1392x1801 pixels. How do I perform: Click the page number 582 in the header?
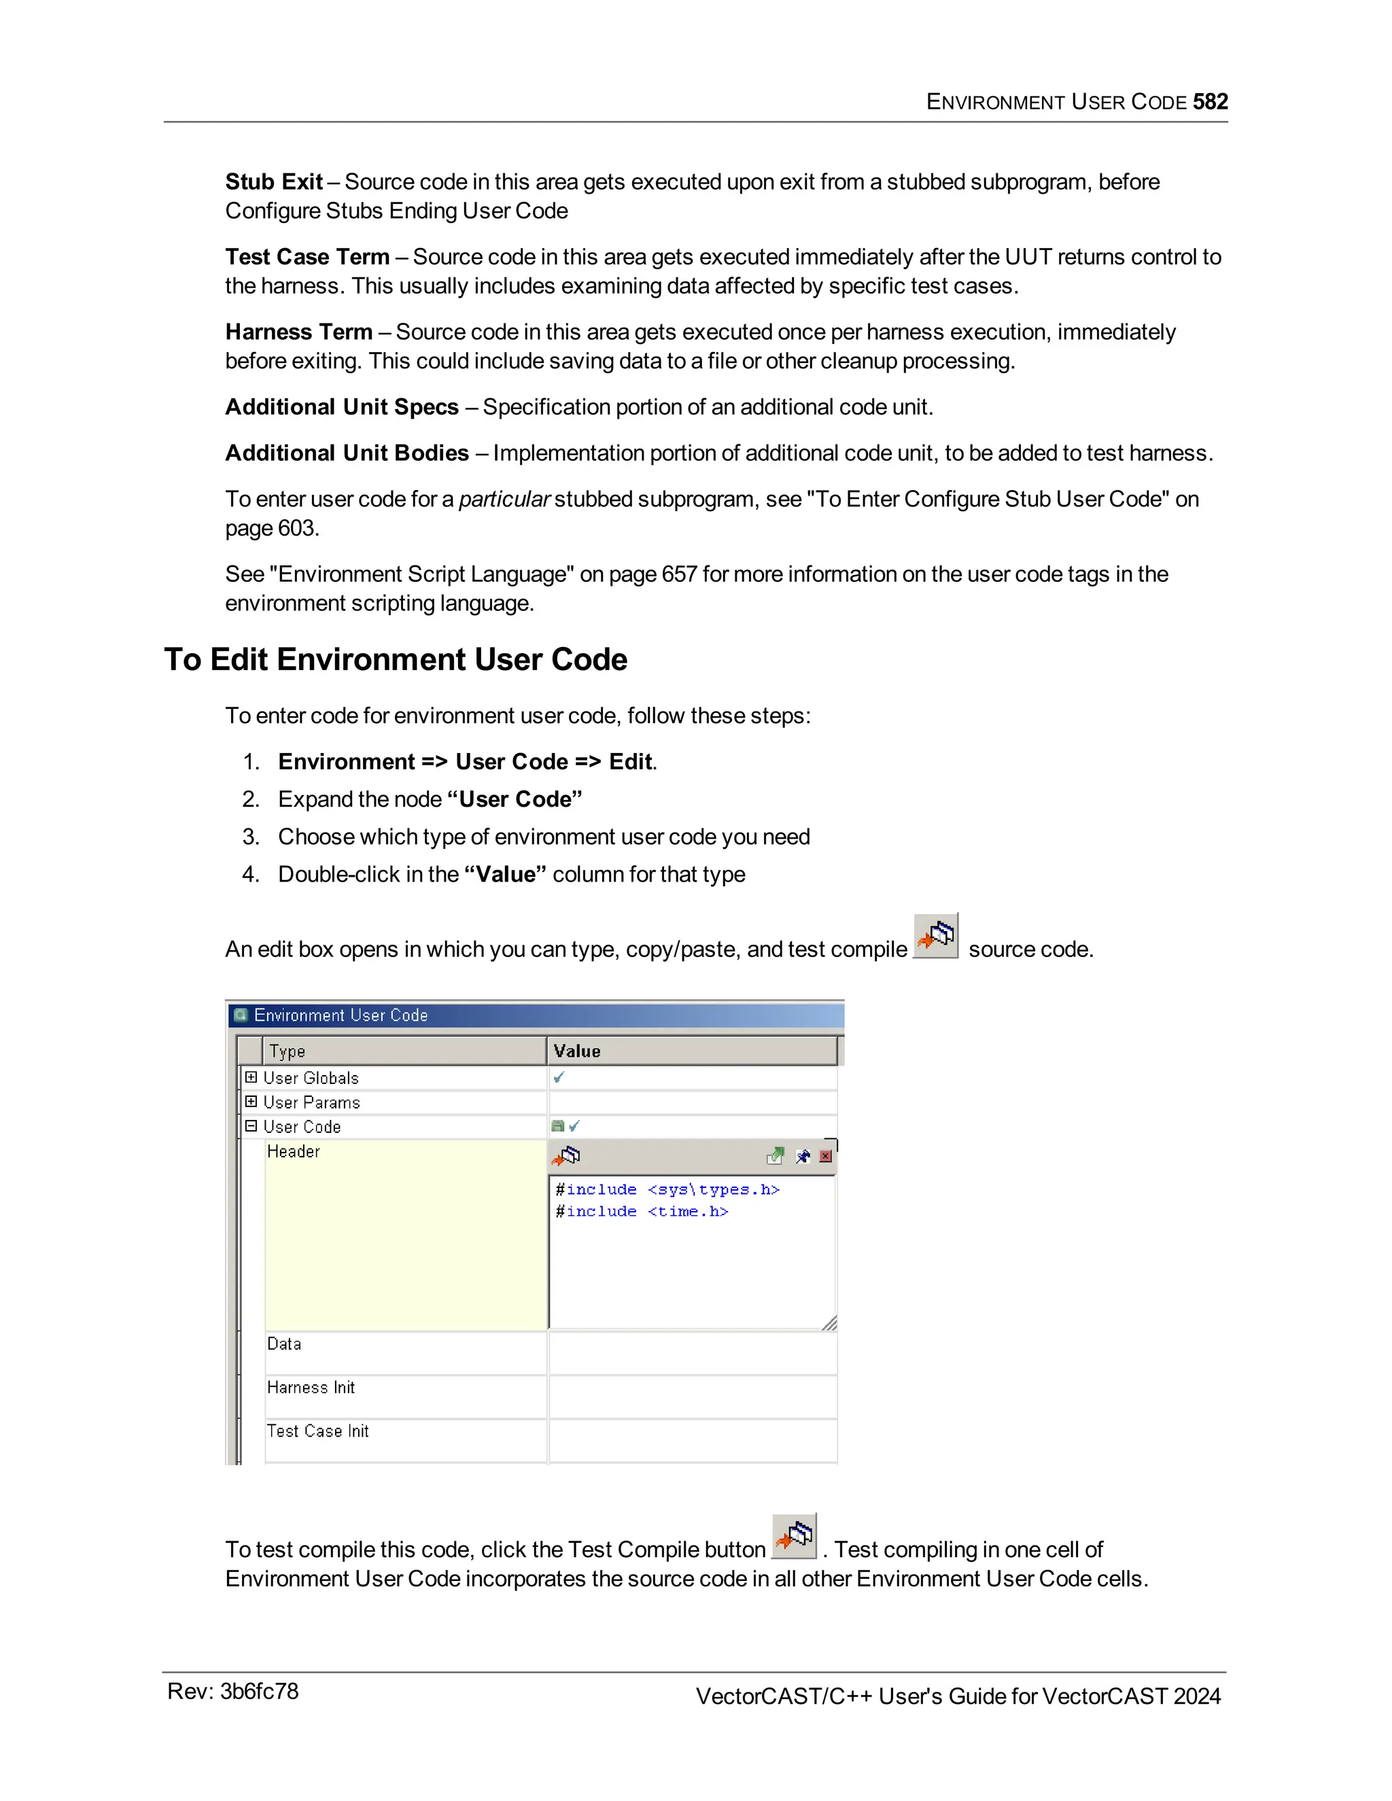pos(1209,101)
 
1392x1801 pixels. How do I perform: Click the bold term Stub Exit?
pos(274,181)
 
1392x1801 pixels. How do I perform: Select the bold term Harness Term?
pos(298,332)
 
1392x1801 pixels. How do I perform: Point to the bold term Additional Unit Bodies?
pos(347,453)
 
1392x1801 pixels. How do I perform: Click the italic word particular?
pos(504,499)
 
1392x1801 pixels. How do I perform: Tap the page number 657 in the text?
pos(679,574)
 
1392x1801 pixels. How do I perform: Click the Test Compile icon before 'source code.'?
pos(936,936)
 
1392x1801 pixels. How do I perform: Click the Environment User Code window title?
pos(341,1015)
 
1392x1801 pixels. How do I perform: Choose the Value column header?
pos(577,1051)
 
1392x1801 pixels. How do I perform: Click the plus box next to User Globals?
pos(251,1077)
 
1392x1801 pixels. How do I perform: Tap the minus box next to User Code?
pos(251,1125)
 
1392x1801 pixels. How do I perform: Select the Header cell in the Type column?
pos(294,1151)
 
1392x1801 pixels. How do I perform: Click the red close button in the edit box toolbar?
pos(825,1156)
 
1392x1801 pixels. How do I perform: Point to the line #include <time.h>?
pos(642,1211)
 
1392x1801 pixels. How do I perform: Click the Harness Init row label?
pos(311,1388)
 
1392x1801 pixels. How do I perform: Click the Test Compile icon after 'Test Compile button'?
pos(794,1537)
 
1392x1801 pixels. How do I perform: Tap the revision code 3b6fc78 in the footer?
pos(259,1692)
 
